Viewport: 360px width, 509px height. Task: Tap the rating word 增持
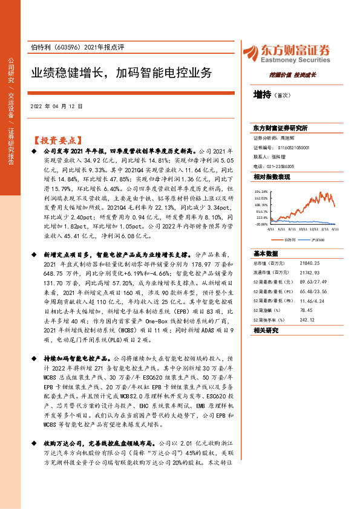click(x=262, y=94)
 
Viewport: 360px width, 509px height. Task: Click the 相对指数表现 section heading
click(x=272, y=177)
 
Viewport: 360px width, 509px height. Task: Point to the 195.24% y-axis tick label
click(x=261, y=192)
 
